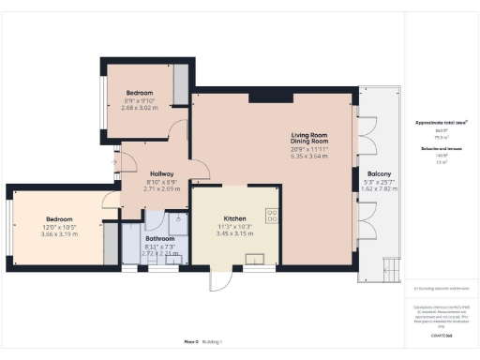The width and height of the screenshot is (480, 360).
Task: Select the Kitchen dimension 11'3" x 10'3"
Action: tap(230, 225)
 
